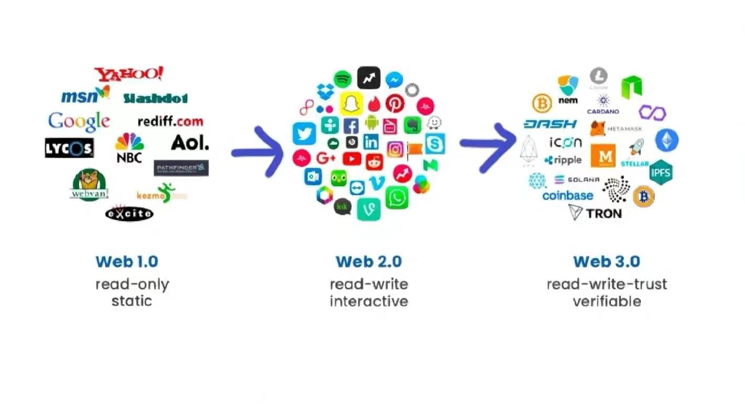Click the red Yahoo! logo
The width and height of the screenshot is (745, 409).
click(128, 74)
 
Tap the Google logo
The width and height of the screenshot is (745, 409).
click(79, 122)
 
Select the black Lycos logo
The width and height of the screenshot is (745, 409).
click(69, 148)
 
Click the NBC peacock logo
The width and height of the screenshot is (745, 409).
click(129, 147)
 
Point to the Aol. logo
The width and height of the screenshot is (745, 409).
click(190, 142)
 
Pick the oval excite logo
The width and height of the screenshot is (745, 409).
click(129, 213)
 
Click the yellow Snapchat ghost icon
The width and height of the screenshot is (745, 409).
click(352, 103)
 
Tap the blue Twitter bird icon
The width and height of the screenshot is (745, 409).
click(304, 134)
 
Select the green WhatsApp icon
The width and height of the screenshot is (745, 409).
click(397, 198)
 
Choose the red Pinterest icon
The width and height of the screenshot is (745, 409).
click(395, 103)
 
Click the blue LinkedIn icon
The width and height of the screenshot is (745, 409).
click(371, 141)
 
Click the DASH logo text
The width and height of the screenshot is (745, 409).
click(550, 124)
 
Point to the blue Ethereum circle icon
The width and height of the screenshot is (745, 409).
click(666, 140)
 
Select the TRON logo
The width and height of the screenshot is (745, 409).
click(595, 213)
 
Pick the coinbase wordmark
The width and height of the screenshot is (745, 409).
click(568, 196)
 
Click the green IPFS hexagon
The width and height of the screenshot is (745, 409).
click(661, 173)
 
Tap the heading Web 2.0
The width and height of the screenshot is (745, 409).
click(369, 261)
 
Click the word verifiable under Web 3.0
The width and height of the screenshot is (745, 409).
click(607, 302)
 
